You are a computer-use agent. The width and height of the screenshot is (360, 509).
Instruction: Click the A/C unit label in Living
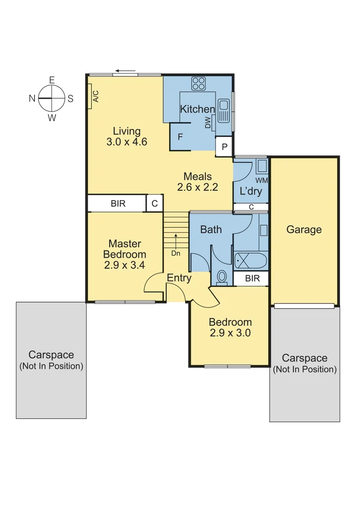click(95, 96)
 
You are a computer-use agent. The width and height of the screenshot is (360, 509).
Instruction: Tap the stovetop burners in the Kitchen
click(198, 84)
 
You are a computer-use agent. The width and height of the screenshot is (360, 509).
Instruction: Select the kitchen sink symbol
click(223, 110)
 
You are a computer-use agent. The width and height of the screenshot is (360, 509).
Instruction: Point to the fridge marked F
click(180, 137)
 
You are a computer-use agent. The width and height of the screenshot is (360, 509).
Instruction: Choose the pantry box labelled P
click(224, 147)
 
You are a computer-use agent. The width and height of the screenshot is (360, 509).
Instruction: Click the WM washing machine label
click(262, 181)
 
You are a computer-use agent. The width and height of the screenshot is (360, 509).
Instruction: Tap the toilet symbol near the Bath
click(221, 277)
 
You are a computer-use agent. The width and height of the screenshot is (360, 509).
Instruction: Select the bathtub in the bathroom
click(250, 260)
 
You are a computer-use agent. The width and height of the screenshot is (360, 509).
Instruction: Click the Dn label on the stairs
click(176, 253)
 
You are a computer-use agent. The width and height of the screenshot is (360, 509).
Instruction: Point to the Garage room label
click(304, 230)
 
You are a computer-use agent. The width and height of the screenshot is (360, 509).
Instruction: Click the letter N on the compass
click(32, 98)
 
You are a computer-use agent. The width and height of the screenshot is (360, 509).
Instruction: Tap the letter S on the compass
click(70, 99)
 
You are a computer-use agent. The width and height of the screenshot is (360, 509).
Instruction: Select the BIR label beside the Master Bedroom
click(118, 204)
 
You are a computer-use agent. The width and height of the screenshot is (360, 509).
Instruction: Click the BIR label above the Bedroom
click(253, 279)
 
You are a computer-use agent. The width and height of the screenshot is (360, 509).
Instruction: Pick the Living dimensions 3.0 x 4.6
click(127, 141)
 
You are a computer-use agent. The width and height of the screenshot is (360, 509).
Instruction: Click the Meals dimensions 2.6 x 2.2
click(197, 187)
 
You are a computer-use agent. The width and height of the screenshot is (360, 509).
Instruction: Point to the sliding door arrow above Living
click(125, 72)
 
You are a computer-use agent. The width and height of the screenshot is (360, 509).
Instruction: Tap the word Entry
click(179, 278)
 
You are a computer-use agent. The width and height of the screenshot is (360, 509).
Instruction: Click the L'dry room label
click(251, 192)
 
